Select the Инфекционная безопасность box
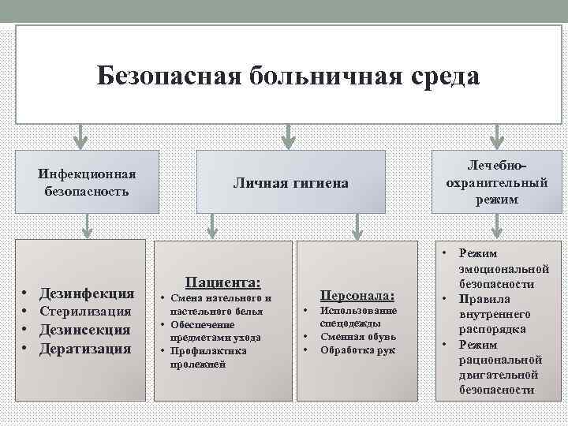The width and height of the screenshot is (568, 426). [x=88, y=182]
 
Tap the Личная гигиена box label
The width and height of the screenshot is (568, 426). [x=290, y=183]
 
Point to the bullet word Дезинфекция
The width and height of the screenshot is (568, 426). [x=87, y=293]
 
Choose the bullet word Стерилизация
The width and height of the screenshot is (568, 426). [x=87, y=312]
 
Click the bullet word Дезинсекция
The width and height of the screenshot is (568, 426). [x=87, y=330]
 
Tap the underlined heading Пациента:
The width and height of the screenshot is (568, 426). [x=223, y=282]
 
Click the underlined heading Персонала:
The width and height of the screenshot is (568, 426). [x=357, y=295]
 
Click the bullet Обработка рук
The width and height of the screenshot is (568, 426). [x=357, y=350]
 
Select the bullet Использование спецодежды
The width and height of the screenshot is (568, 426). [x=357, y=317]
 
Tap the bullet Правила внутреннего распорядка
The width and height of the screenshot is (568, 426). [x=497, y=314]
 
